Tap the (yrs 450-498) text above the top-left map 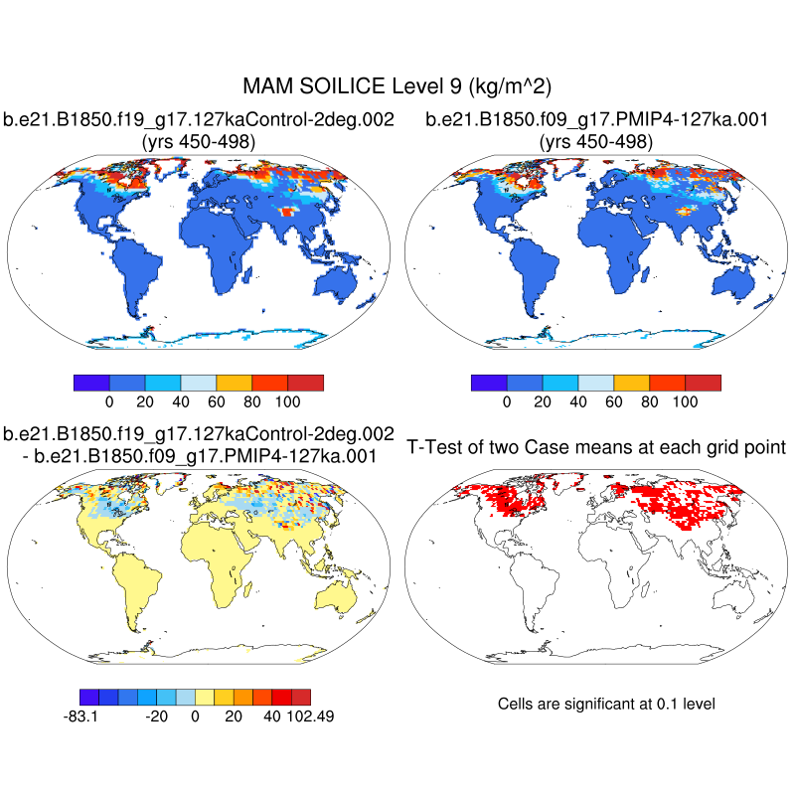tap(199, 142)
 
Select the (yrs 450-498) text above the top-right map tap(596, 142)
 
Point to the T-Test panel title tap(596, 447)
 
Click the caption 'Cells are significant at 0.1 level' tap(606, 704)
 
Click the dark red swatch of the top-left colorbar tap(305, 383)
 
